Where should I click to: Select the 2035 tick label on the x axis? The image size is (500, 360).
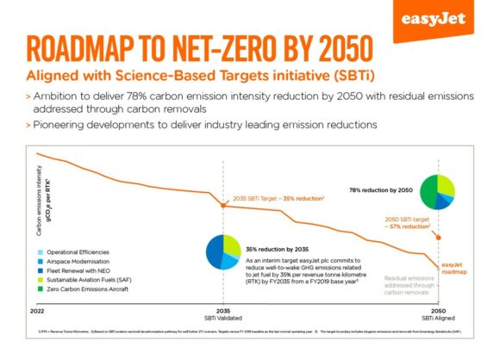(x=223, y=310)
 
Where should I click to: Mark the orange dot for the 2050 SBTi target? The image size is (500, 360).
(x=440, y=236)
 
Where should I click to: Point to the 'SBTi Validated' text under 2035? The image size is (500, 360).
(x=223, y=318)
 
